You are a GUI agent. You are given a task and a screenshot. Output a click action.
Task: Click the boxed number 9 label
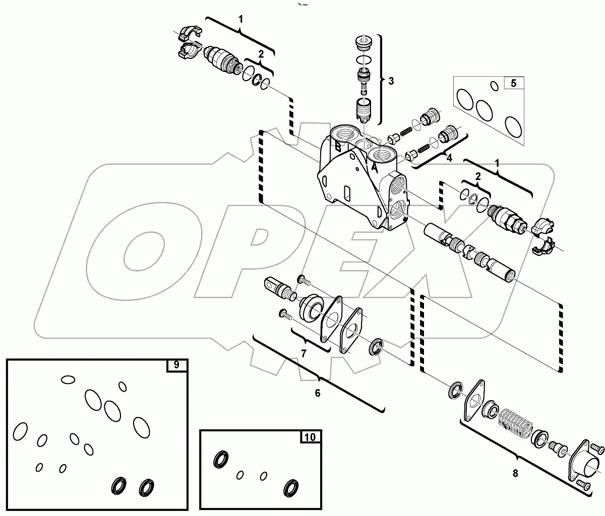point(176,365)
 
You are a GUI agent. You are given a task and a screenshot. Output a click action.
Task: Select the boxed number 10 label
point(311,437)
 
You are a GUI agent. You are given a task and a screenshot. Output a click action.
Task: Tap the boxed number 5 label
point(513,83)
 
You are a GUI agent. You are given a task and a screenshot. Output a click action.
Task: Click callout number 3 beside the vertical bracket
point(391,81)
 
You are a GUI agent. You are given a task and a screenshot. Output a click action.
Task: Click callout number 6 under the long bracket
point(317,393)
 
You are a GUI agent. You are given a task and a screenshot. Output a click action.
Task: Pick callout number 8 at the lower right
point(514,473)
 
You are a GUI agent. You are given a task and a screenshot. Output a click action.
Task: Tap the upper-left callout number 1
point(241,20)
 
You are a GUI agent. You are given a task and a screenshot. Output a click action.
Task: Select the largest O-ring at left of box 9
point(20,431)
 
